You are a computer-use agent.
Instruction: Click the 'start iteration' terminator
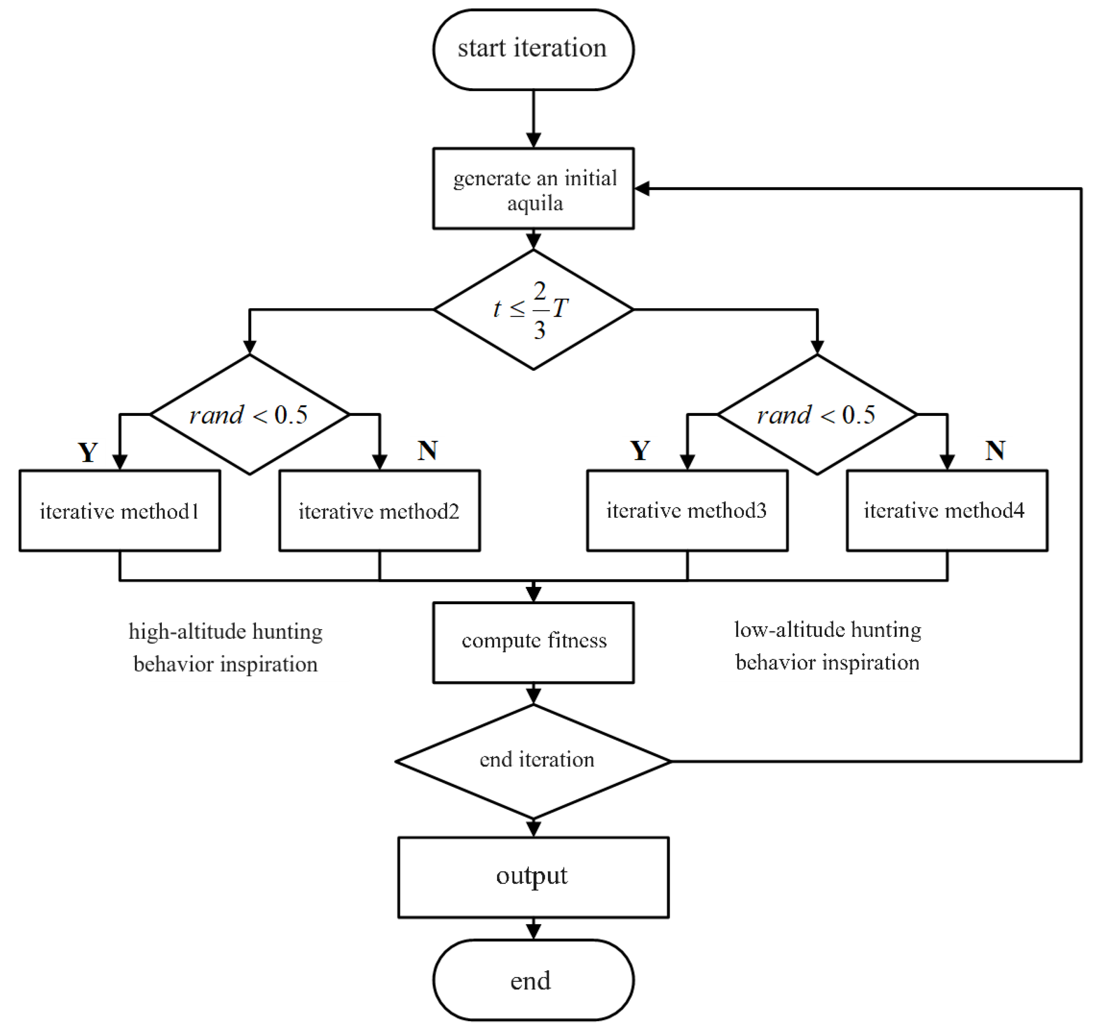pyautogui.click(x=533, y=49)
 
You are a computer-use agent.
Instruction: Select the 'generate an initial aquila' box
pyautogui.click(x=533, y=189)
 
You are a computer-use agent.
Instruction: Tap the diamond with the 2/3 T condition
pyautogui.click(x=533, y=309)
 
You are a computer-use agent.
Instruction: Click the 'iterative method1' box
pyautogui.click(x=120, y=511)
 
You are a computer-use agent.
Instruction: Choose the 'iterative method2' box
pyautogui.click(x=379, y=511)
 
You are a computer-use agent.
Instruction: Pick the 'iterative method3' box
pyautogui.click(x=687, y=511)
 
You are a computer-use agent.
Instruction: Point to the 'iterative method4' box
pyautogui.click(x=947, y=511)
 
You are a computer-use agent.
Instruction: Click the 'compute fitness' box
pyautogui.click(x=533, y=642)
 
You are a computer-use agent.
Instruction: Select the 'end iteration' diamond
pyautogui.click(x=533, y=761)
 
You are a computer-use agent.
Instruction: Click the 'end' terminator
pyautogui.click(x=533, y=980)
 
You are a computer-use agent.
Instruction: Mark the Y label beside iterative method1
pyautogui.click(x=88, y=452)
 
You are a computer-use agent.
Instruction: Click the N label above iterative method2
pyautogui.click(x=428, y=451)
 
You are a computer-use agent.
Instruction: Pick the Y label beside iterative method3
pyautogui.click(x=640, y=451)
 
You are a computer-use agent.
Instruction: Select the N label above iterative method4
pyautogui.click(x=995, y=451)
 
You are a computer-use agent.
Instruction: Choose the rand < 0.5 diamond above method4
pyautogui.click(x=817, y=414)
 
